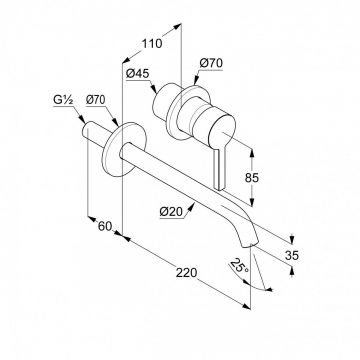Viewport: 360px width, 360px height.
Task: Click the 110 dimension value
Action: tap(152, 44)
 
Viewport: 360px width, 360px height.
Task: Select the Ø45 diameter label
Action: tap(138, 73)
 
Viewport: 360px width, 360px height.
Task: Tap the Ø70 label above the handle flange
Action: tap(211, 63)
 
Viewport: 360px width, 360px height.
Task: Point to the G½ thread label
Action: tap(63, 100)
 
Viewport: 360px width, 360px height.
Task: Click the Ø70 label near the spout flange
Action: tap(96, 99)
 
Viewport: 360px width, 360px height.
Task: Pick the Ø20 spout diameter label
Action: tap(171, 211)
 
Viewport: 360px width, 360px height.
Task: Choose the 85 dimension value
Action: tap(252, 178)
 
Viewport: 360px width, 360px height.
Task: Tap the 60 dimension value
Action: tap(105, 226)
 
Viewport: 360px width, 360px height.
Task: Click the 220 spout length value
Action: tap(186, 273)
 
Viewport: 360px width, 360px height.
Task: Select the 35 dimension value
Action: tap(292, 256)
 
